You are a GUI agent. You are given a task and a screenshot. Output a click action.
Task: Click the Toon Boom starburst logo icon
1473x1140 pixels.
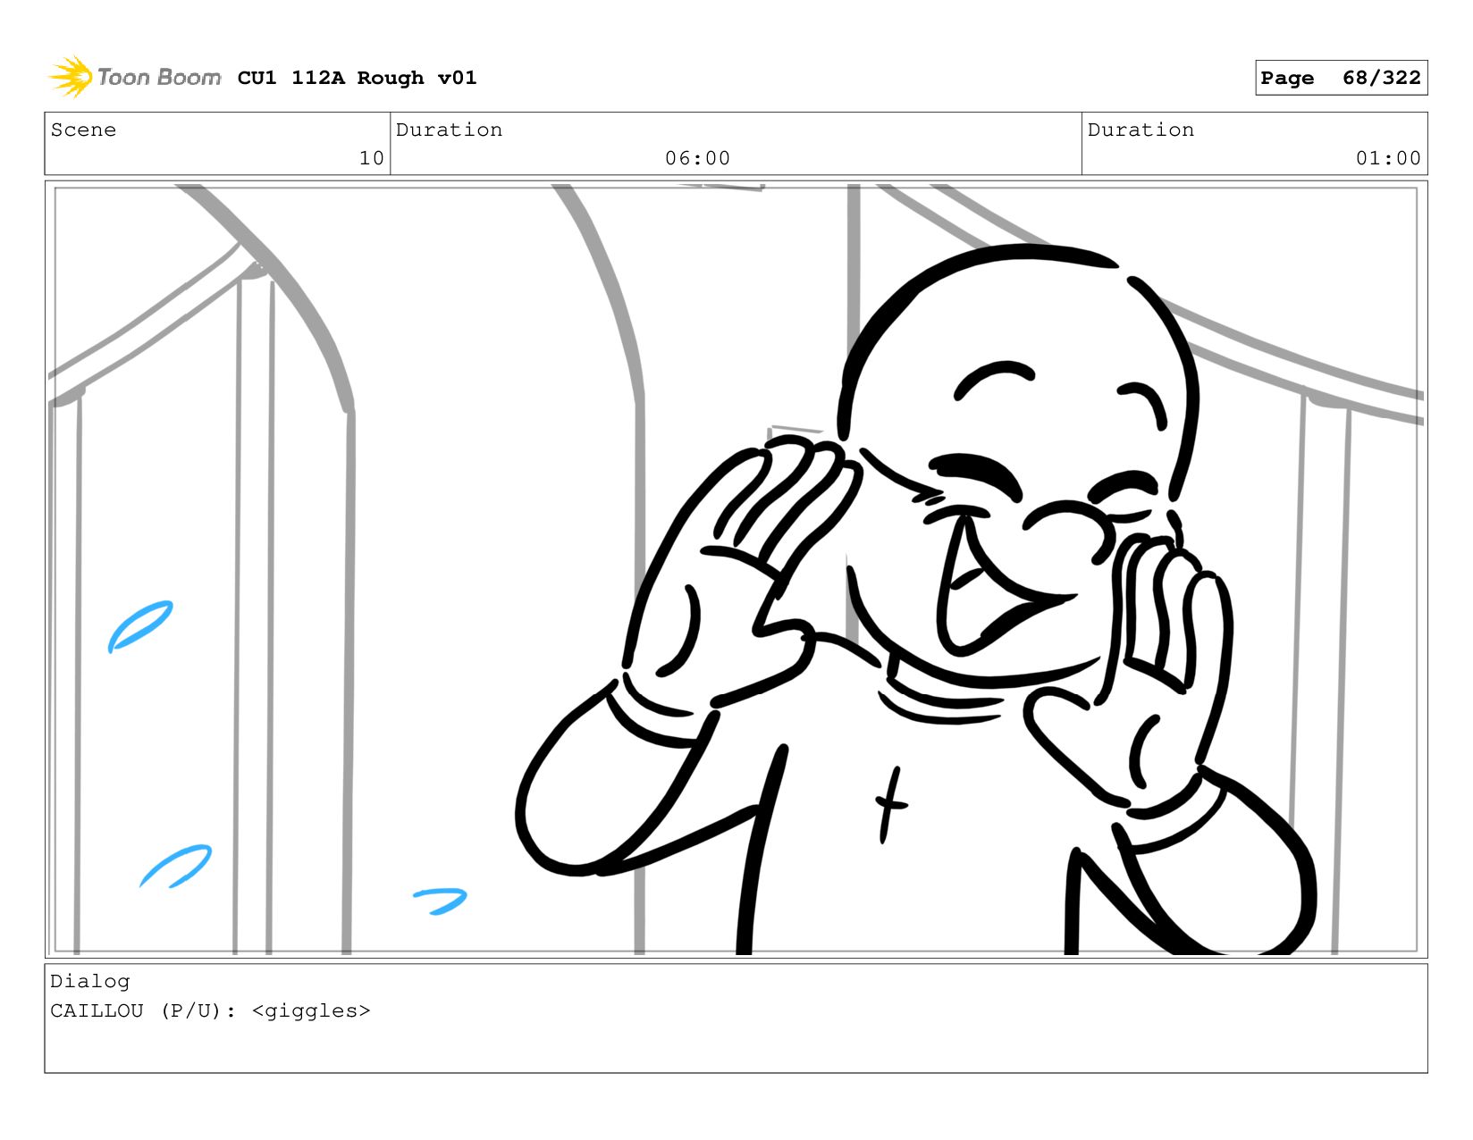[x=71, y=77]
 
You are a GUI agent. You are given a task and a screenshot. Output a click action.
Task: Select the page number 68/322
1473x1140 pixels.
[x=1381, y=77]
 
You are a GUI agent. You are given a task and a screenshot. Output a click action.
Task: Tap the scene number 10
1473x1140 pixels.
[x=371, y=158]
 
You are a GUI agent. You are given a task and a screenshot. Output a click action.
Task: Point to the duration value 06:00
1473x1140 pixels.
[x=697, y=158]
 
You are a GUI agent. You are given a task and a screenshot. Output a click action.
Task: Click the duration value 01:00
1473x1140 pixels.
[x=1387, y=158]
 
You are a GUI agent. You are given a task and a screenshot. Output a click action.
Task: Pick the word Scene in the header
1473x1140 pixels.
[x=83, y=130]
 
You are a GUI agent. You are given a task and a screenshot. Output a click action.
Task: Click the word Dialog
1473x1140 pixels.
[x=89, y=982]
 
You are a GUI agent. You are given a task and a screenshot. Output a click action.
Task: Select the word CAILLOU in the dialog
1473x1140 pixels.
[x=97, y=1010]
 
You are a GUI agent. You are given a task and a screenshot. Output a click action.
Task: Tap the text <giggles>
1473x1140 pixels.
[x=311, y=1011]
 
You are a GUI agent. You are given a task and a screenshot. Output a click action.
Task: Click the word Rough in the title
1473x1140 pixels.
[x=391, y=78]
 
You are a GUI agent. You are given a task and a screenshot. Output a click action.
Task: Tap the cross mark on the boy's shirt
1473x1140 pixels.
[x=890, y=805]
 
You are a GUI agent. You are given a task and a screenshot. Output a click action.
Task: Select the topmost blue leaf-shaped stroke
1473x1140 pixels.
[x=140, y=626]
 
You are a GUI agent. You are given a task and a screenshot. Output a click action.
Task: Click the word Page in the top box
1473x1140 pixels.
[x=1286, y=78]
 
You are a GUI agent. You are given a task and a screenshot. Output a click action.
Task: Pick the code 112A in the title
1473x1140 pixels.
[x=318, y=77]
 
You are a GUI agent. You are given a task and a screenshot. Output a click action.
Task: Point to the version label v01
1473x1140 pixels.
[x=457, y=77]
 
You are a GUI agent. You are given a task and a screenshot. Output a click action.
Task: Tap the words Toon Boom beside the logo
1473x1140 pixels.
[x=159, y=77]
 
